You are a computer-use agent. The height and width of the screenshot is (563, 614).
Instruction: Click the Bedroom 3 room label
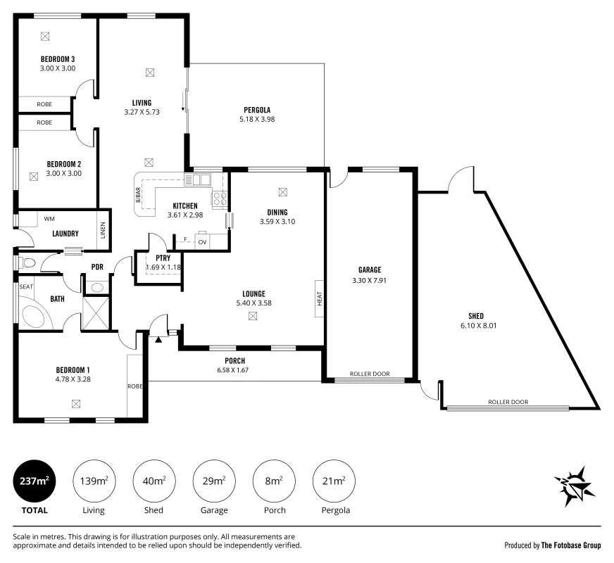[58, 59]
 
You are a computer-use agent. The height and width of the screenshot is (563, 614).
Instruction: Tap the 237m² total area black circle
[35, 481]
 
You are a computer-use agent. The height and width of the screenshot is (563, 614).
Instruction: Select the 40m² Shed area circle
[154, 481]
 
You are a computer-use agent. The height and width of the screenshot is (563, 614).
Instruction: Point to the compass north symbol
[575, 486]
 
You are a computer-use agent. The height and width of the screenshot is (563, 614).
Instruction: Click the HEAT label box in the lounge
[320, 298]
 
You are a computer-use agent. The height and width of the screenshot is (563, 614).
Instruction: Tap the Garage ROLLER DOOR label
[370, 374]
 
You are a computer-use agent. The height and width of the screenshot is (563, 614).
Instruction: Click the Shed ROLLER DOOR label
[508, 402]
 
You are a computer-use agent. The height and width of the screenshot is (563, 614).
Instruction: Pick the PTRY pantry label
[163, 258]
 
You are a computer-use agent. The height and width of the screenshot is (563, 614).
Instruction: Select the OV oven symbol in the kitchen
[202, 241]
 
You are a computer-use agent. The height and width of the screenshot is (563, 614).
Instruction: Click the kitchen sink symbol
[197, 179]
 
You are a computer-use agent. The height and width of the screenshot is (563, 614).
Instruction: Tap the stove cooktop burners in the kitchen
[219, 198]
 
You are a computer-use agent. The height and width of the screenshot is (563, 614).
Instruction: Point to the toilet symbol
[27, 263]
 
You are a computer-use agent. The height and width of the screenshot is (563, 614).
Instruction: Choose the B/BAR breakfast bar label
[138, 195]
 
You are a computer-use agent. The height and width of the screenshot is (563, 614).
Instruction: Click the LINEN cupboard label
[103, 230]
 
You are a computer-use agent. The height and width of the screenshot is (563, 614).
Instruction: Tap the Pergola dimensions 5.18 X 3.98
[257, 120]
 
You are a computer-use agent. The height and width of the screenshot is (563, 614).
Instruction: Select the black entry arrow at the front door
[158, 340]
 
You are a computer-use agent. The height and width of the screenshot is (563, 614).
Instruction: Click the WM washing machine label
[49, 219]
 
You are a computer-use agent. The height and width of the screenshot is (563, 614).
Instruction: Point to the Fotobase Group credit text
[552, 545]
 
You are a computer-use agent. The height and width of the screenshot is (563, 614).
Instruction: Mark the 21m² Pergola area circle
[334, 481]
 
